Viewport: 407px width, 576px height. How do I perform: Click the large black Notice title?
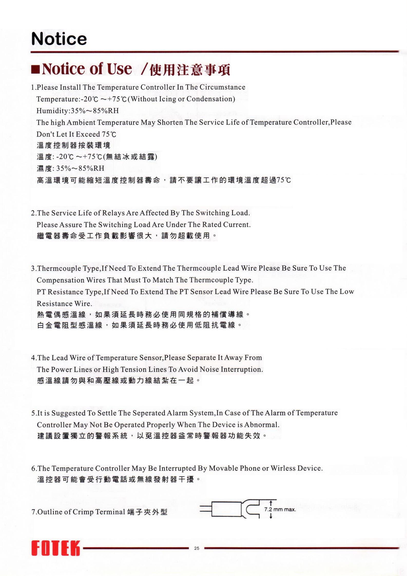(59, 39)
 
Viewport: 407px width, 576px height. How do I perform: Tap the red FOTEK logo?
(55, 548)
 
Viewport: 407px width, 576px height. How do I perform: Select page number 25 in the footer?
(197, 548)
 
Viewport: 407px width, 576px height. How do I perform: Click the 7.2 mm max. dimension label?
(280, 509)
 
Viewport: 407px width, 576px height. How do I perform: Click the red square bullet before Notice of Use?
(35, 70)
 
